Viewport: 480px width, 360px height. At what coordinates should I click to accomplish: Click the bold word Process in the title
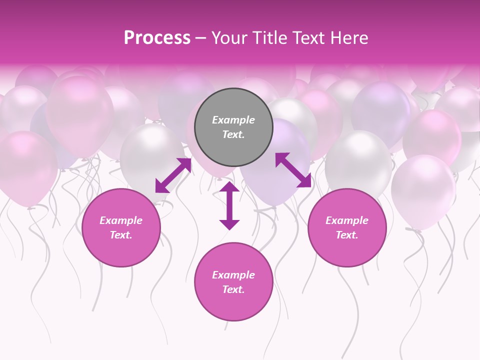pyautogui.click(x=157, y=38)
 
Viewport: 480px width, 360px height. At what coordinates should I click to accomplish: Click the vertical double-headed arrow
pyautogui.click(x=229, y=206)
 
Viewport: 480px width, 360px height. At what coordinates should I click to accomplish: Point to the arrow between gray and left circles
pyautogui.click(x=173, y=175)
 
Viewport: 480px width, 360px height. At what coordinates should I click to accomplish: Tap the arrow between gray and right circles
pyautogui.click(x=293, y=170)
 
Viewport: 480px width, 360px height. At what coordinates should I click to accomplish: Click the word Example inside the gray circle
pyautogui.click(x=233, y=120)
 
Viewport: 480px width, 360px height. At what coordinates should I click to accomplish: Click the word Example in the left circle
pyautogui.click(x=121, y=220)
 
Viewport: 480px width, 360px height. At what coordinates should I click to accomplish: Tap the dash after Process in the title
pyautogui.click(x=200, y=38)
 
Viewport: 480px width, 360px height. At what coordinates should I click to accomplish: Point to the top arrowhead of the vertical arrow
pyautogui.click(x=229, y=187)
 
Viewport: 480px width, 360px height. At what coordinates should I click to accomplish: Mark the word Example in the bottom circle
pyautogui.click(x=233, y=275)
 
